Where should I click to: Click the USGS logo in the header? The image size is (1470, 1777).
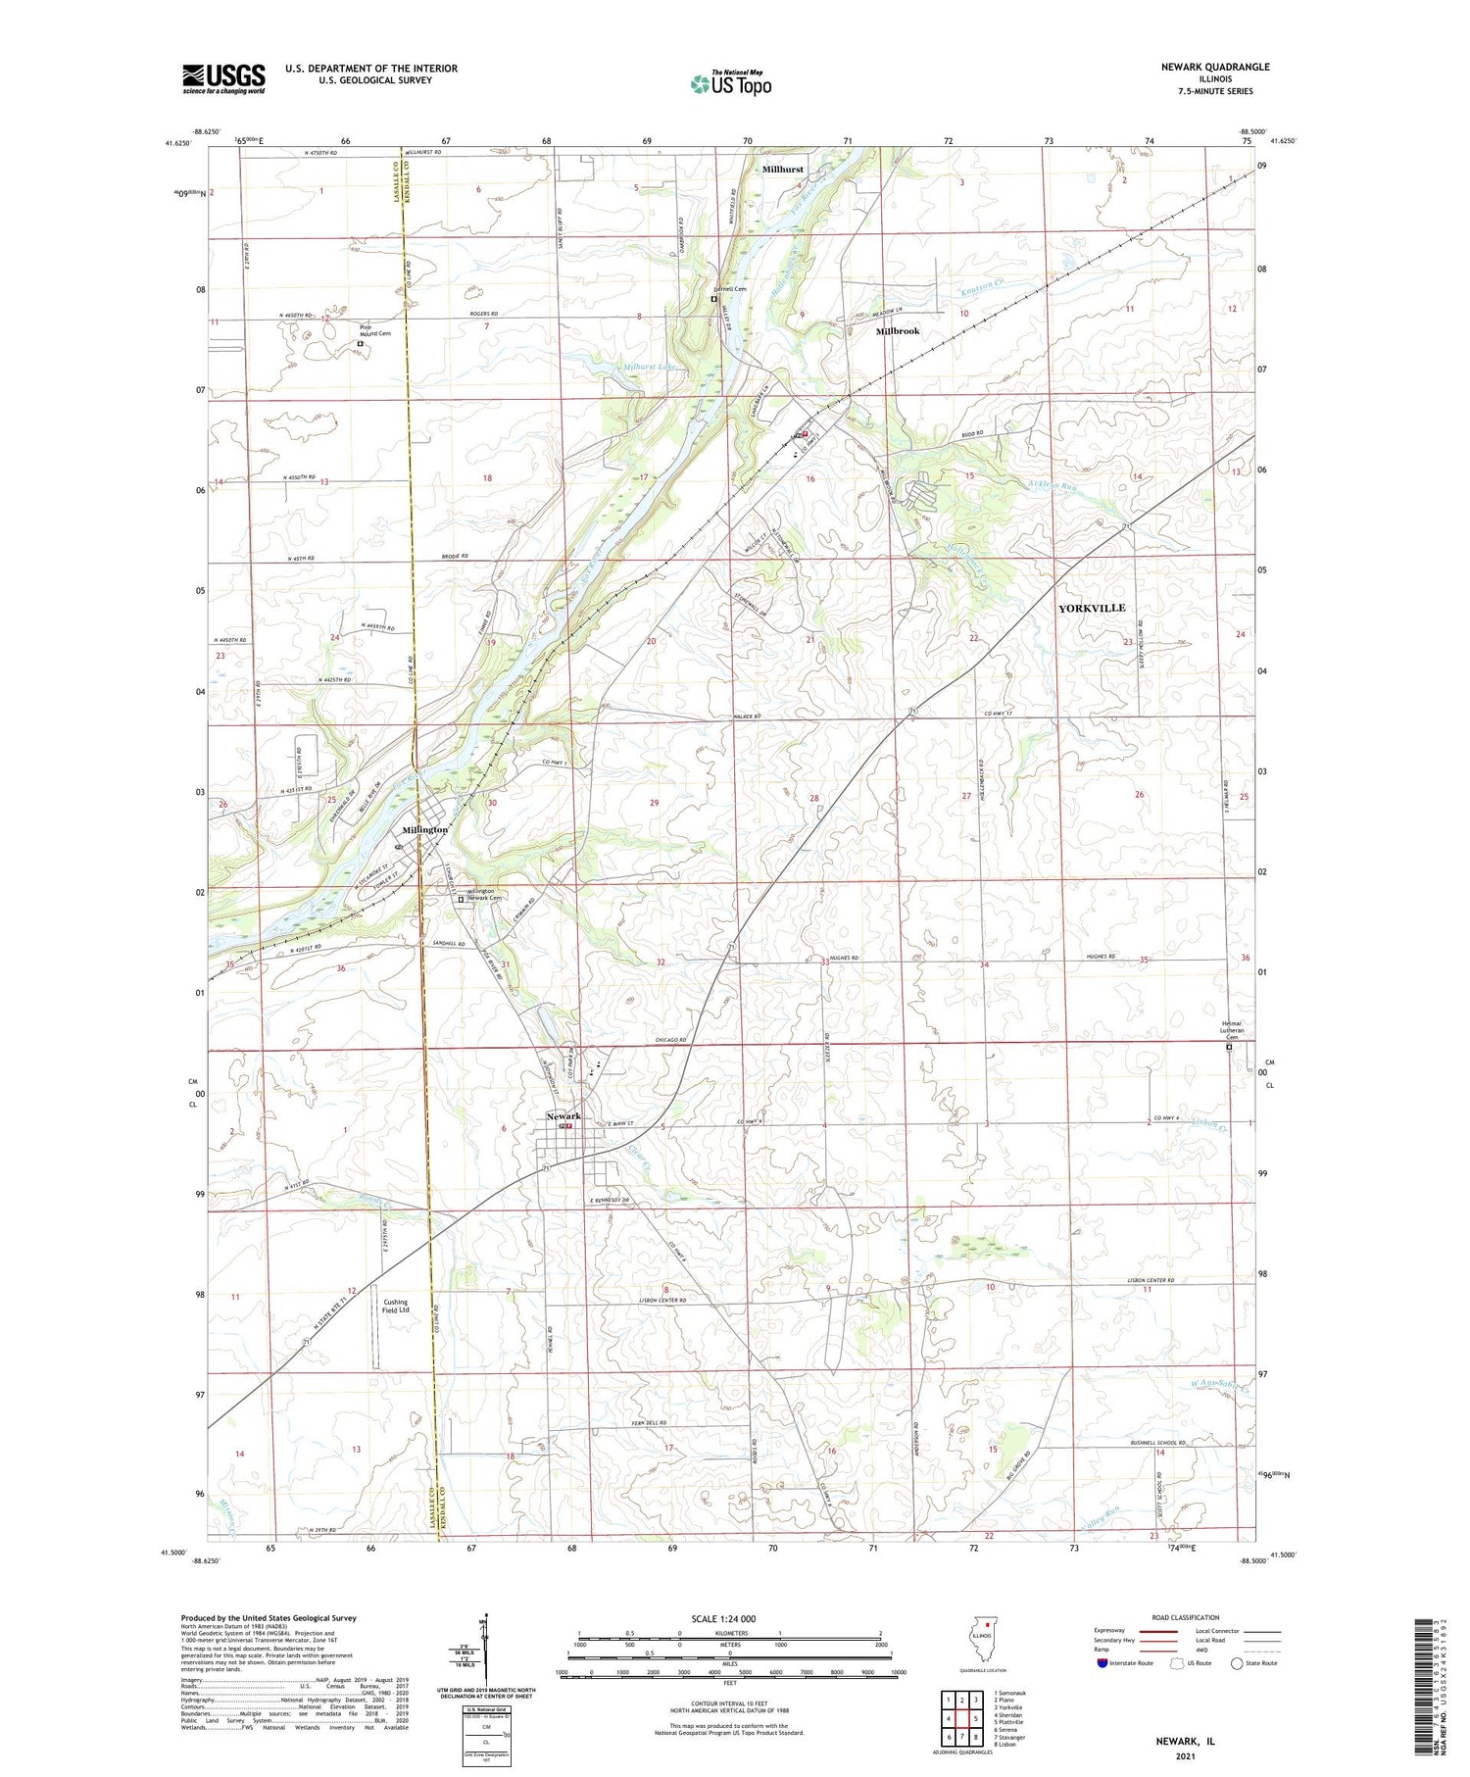[223, 78]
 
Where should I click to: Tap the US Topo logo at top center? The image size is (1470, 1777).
[730, 83]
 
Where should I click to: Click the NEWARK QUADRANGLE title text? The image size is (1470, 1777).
[1211, 67]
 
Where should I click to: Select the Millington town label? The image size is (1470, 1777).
[424, 829]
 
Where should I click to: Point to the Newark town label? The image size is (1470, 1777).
[563, 1115]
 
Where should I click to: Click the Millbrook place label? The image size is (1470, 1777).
[898, 331]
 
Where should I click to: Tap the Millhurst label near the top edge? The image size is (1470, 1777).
[782, 169]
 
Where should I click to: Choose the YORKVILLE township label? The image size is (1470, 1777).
[1092, 608]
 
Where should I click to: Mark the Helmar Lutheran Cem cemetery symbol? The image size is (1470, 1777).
[1229, 1048]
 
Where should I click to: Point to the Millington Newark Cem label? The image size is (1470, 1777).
[483, 893]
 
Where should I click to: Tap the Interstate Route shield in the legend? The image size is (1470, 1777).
[1101, 1662]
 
